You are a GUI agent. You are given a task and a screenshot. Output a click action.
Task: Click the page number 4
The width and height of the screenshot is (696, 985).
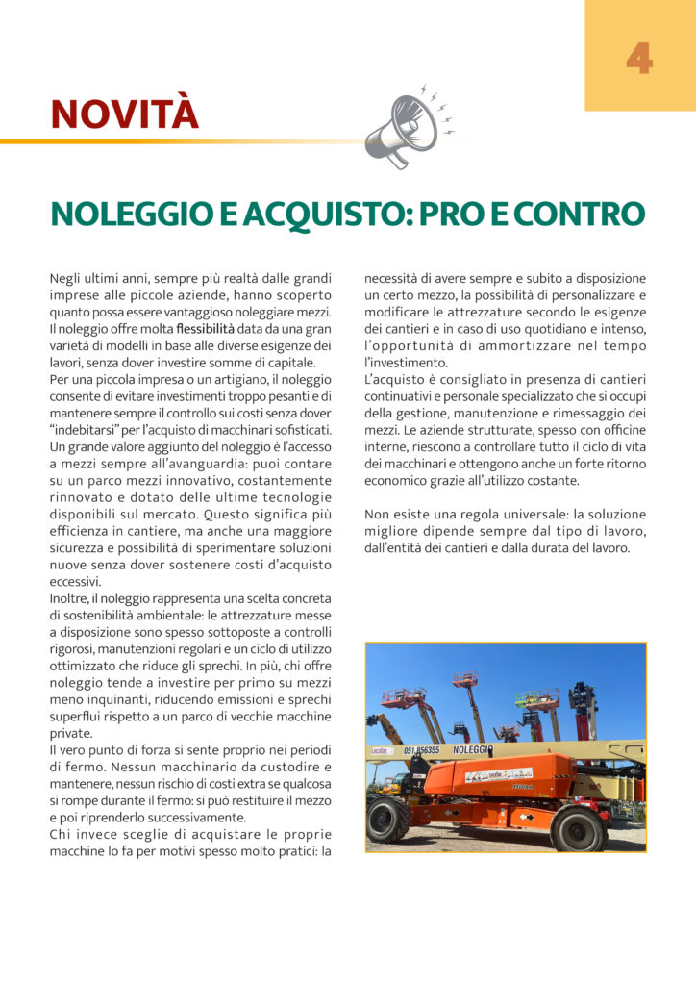pyautogui.click(x=638, y=59)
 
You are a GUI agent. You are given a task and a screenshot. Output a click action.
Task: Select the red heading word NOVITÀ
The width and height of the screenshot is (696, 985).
pyautogui.click(x=124, y=114)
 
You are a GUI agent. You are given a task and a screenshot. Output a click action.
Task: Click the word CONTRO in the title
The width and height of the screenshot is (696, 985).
pyautogui.click(x=575, y=215)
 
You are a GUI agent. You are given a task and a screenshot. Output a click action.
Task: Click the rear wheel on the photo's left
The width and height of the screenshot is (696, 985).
pyautogui.click(x=389, y=819)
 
